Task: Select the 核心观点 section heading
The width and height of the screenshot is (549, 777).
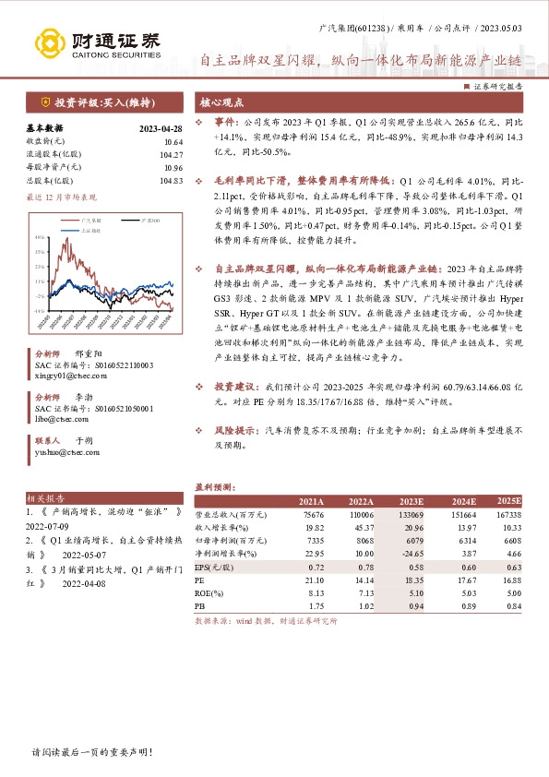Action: [222, 102]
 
